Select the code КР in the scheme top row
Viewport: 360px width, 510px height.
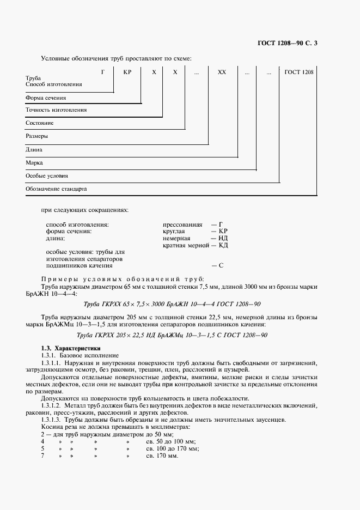click(127, 71)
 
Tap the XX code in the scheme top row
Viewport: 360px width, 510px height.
click(222, 71)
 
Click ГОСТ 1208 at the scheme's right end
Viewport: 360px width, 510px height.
click(298, 71)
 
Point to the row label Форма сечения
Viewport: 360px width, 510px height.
click(46, 98)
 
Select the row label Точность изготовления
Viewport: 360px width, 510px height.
click(57, 110)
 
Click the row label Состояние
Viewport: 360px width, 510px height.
click(40, 123)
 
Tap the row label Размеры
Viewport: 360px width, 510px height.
click(37, 136)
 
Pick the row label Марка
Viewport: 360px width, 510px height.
click(34, 162)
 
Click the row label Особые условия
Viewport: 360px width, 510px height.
click(47, 176)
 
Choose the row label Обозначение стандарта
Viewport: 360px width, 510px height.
click(57, 189)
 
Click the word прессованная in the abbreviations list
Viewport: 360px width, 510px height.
click(182, 224)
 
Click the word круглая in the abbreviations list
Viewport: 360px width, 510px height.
click(174, 232)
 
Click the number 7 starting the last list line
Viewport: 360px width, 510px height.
click(42, 455)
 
